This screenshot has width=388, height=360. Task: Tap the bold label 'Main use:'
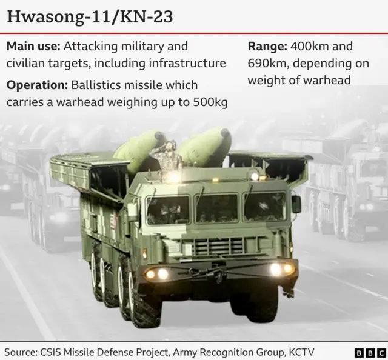pos(33,47)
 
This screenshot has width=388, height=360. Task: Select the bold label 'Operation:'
pos(37,85)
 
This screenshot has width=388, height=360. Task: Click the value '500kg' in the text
pos(211,102)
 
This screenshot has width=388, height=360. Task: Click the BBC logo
pos(370,352)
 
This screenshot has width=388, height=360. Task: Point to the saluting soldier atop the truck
pos(168,156)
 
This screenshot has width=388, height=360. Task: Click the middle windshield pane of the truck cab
pos(216,208)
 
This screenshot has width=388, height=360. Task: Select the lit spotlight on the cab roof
pos(174,177)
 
